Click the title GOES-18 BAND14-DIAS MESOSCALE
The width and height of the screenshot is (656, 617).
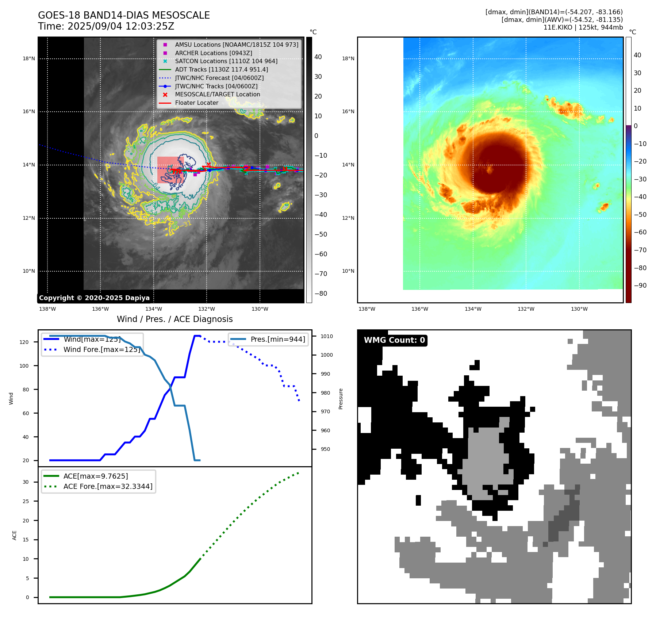point(124,15)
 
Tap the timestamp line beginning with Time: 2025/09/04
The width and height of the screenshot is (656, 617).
point(106,27)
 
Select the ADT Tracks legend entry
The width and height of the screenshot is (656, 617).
point(221,69)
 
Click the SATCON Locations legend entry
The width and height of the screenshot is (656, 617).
point(226,61)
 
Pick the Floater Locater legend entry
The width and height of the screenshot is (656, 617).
point(196,103)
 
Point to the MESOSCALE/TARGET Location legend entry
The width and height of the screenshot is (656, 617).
point(217,95)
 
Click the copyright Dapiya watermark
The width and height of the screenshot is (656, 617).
point(94,298)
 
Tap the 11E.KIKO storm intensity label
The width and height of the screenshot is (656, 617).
point(583,27)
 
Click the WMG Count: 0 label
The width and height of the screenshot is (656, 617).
point(394,340)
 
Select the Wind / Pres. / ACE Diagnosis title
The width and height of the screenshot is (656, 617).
point(174,319)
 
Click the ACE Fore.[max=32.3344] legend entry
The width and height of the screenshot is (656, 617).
point(108,486)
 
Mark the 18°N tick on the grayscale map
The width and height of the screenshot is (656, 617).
point(29,58)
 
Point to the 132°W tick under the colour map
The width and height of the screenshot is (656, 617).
point(526,309)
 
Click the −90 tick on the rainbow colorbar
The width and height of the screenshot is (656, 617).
point(640,285)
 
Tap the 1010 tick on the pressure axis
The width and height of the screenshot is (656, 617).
point(327,336)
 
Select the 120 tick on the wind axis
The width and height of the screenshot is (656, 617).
point(24,342)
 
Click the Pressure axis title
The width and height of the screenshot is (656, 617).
point(341,399)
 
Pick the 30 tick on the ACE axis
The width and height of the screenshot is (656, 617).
point(26,482)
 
